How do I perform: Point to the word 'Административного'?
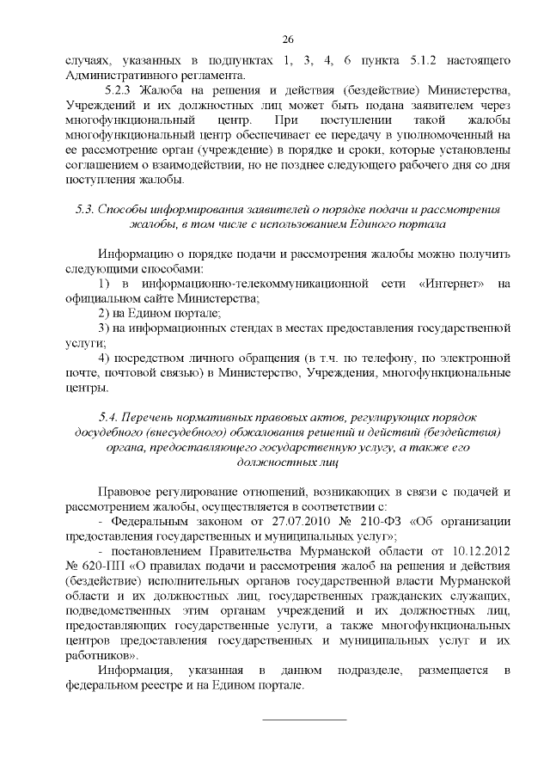[x=117, y=75]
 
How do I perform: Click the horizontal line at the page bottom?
[x=303, y=718]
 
